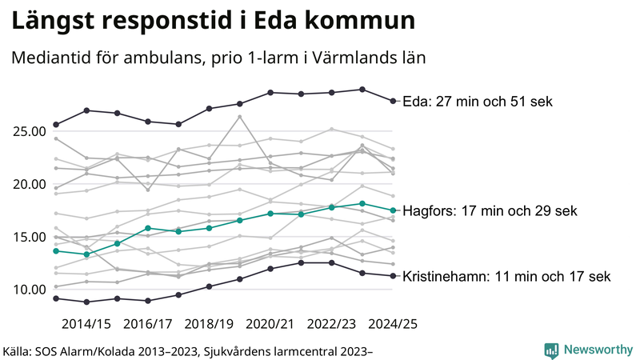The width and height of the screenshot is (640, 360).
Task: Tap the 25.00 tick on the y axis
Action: pos(29,131)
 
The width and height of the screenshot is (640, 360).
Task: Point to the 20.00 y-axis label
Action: pos(29,184)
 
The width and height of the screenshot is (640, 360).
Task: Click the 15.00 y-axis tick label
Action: pos(29,237)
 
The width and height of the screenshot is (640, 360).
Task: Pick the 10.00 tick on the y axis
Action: pos(29,290)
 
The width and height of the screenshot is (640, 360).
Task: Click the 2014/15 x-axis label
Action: pos(86,324)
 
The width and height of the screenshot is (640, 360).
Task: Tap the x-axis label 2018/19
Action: pos(209,324)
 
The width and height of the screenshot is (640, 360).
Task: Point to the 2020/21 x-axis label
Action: pos(270,324)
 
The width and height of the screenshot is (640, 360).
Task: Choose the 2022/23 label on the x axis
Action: pos(332,324)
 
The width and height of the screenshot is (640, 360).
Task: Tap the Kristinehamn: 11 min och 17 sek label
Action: pos(507,277)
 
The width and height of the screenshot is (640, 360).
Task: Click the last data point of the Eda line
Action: pos(392,101)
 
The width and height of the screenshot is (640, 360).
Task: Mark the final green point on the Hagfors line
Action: pos(392,210)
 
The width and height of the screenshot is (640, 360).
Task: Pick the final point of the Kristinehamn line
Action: pos(392,276)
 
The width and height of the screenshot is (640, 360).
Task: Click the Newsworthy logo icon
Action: pos(551,350)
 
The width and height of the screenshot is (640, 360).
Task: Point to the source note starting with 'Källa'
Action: pos(188,350)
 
